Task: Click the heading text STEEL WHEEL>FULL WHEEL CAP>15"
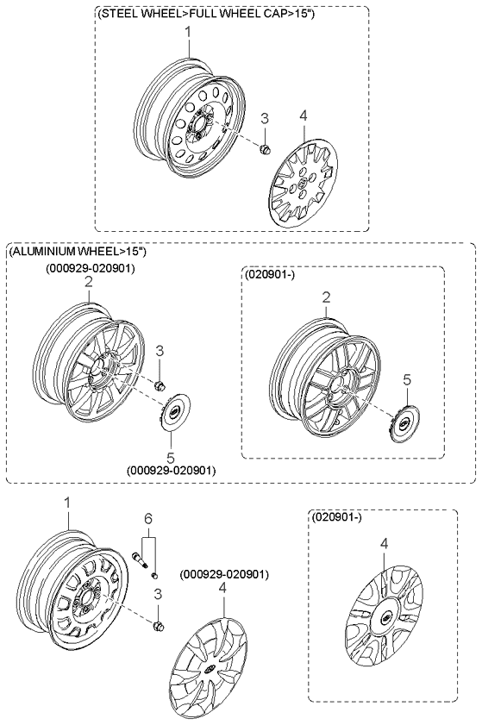coord(207,14)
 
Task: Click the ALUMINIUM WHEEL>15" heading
coord(78,251)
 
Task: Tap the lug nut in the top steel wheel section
coord(265,149)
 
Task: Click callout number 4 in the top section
coord(303,116)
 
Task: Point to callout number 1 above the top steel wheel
coord(188,33)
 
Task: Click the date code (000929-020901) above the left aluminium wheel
coord(90,268)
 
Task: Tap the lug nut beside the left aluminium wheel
coord(160,385)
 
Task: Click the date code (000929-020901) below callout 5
coord(171,470)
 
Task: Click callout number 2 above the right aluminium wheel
coord(326,297)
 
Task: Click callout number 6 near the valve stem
coord(148,519)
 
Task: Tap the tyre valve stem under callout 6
coord(139,559)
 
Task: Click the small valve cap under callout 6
coord(155,575)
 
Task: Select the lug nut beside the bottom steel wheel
coord(159,627)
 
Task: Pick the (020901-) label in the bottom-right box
coord(337,517)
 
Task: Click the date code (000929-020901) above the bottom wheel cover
coord(224,574)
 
